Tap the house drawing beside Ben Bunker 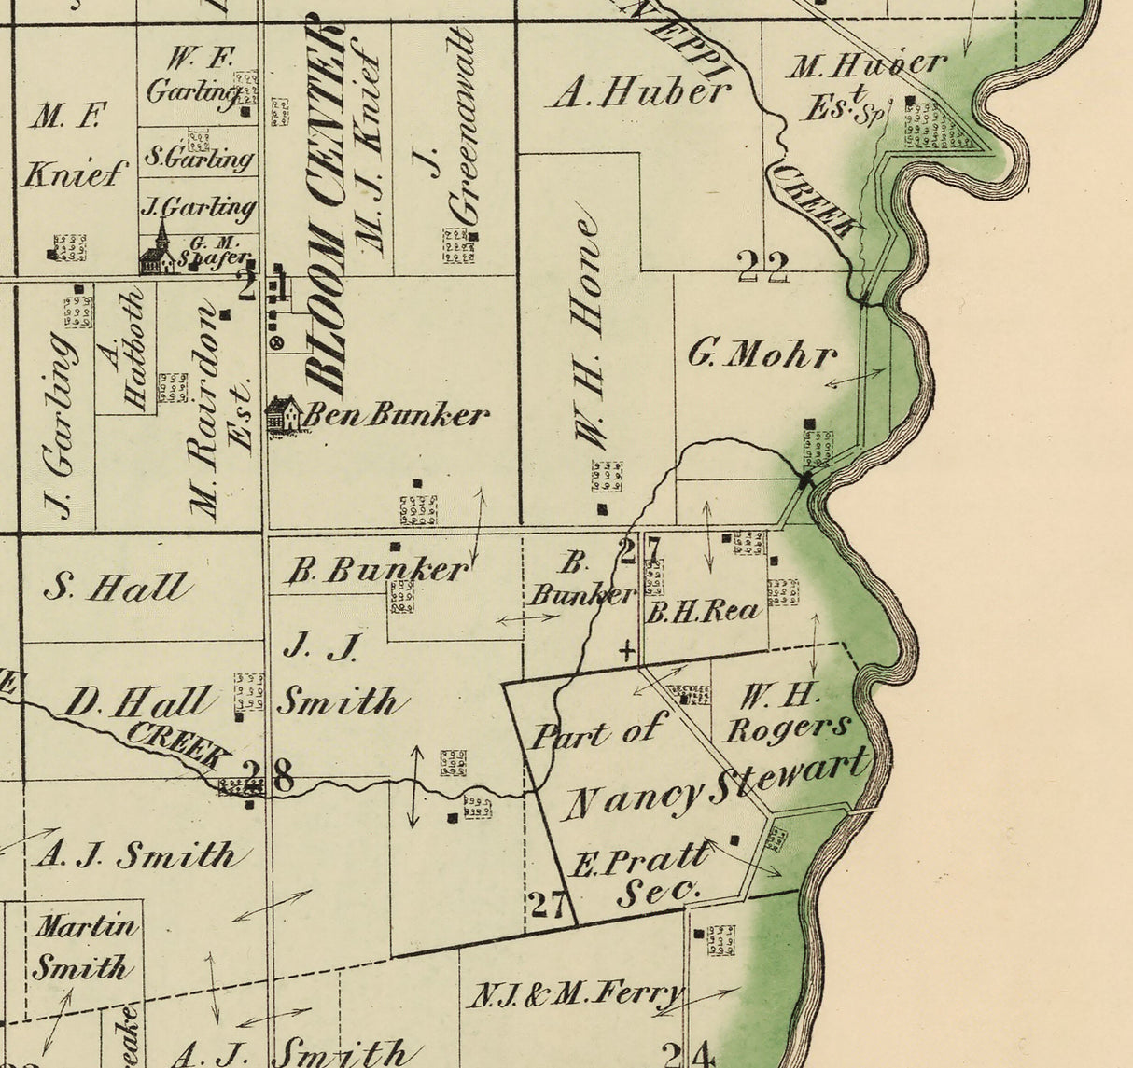[283, 415]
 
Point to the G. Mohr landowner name [762, 354]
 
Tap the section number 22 [762, 268]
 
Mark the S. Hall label [118, 588]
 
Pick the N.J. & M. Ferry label [575, 994]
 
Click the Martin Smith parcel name [85, 947]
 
